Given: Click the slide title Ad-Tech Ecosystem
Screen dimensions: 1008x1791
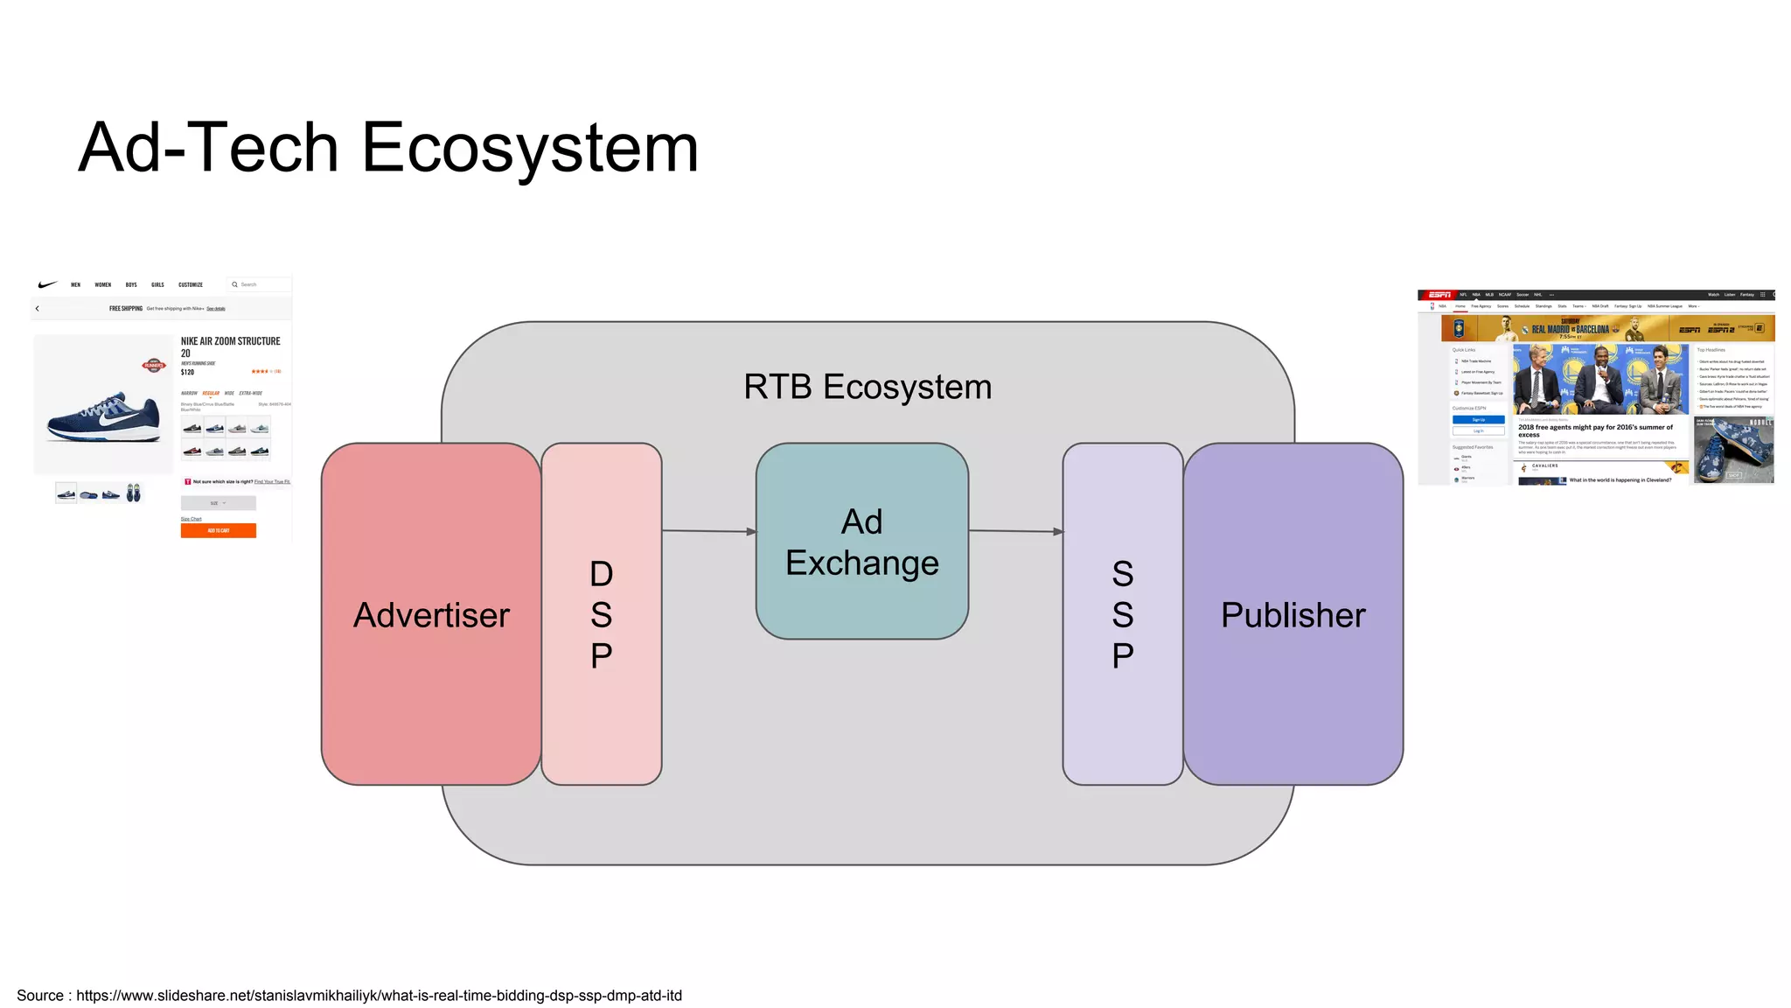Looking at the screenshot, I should click(388, 148).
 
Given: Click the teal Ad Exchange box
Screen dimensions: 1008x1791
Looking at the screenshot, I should click(861, 542).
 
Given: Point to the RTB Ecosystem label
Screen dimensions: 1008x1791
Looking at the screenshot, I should click(868, 387).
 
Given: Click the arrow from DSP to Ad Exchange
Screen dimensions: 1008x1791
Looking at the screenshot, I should click(708, 531).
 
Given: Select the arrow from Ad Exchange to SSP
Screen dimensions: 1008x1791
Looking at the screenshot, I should click(1015, 531).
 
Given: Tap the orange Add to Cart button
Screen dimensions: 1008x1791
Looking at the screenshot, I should click(218, 530).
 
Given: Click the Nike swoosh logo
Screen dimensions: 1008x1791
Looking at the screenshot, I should click(47, 284).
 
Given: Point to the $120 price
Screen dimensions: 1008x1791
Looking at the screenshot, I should click(187, 373).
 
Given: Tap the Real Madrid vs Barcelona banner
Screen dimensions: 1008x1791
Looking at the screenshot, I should click(1570, 330).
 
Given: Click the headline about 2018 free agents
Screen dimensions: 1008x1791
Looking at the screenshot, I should click(1595, 430).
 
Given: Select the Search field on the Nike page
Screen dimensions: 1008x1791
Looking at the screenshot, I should click(258, 284).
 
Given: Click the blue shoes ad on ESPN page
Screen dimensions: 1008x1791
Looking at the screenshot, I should click(1733, 451).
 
